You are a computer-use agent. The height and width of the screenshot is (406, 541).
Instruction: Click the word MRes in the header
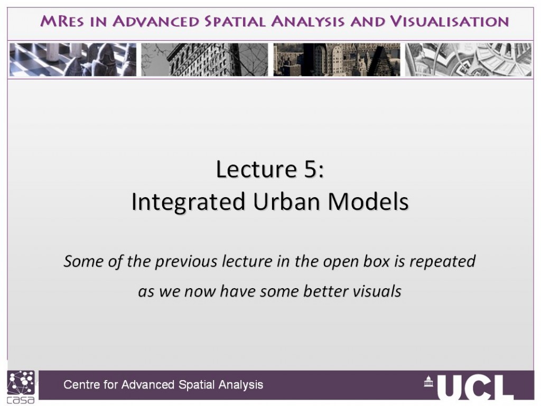(62, 21)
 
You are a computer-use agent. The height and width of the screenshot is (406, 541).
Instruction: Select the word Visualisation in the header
(450, 21)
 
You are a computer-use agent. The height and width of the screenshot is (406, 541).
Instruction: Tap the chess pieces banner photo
(73, 59)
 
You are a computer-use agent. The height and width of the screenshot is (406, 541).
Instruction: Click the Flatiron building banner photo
(204, 59)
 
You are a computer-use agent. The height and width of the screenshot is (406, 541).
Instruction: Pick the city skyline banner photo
(337, 59)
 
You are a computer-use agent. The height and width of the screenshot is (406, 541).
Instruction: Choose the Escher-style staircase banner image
(468, 59)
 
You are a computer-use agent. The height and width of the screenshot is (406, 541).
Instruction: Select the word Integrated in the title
(189, 202)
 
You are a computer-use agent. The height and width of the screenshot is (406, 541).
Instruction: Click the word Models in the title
(368, 201)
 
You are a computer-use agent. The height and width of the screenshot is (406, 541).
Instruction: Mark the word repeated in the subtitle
(442, 262)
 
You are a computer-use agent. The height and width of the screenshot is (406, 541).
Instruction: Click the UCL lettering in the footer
(475, 387)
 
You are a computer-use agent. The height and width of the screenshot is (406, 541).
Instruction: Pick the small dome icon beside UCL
(428, 382)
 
